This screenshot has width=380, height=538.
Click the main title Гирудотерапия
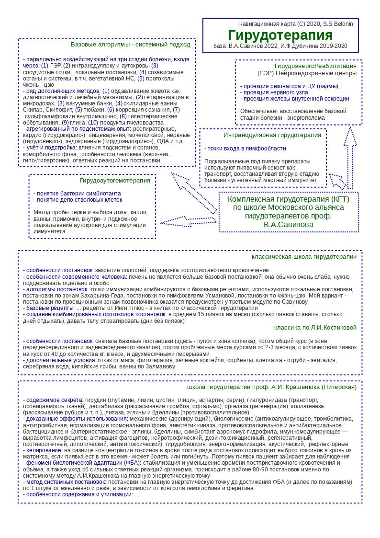[280, 35]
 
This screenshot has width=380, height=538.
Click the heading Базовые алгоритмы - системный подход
[130, 45]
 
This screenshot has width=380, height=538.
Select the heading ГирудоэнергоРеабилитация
[315, 66]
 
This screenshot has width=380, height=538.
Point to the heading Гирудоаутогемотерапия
[115, 181]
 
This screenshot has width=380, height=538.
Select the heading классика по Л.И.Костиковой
[315, 327]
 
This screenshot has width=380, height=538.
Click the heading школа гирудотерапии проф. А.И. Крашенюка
[271, 387]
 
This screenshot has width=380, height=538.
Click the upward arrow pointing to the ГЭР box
[350, 158]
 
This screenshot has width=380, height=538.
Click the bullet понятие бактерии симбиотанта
[77, 194]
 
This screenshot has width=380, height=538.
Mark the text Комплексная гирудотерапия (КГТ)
[289, 199]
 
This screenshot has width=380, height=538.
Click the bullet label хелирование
[44, 450]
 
